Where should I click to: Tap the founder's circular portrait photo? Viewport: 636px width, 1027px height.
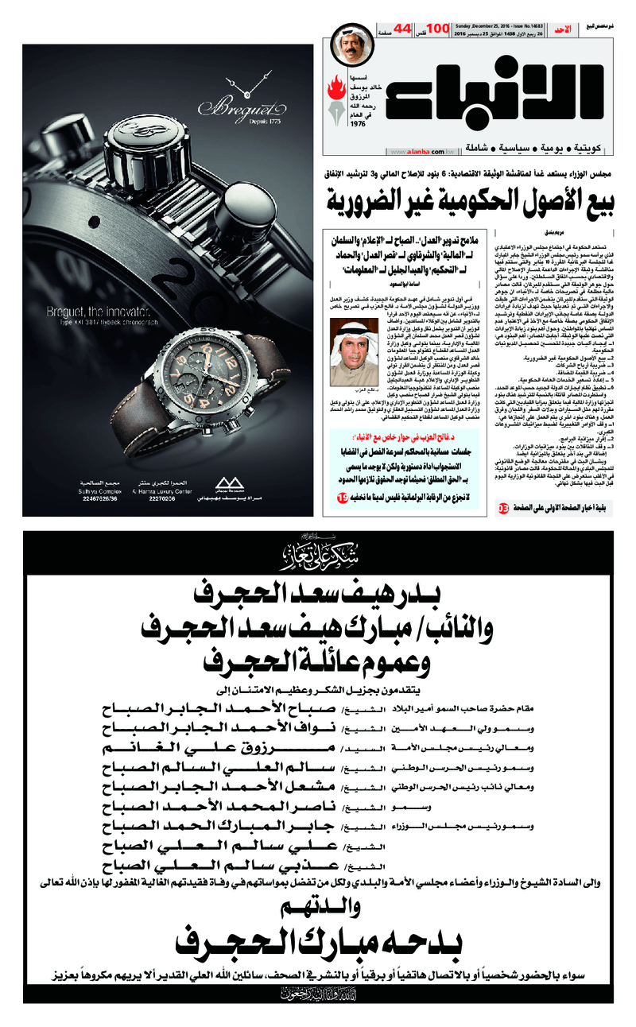(x=353, y=48)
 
